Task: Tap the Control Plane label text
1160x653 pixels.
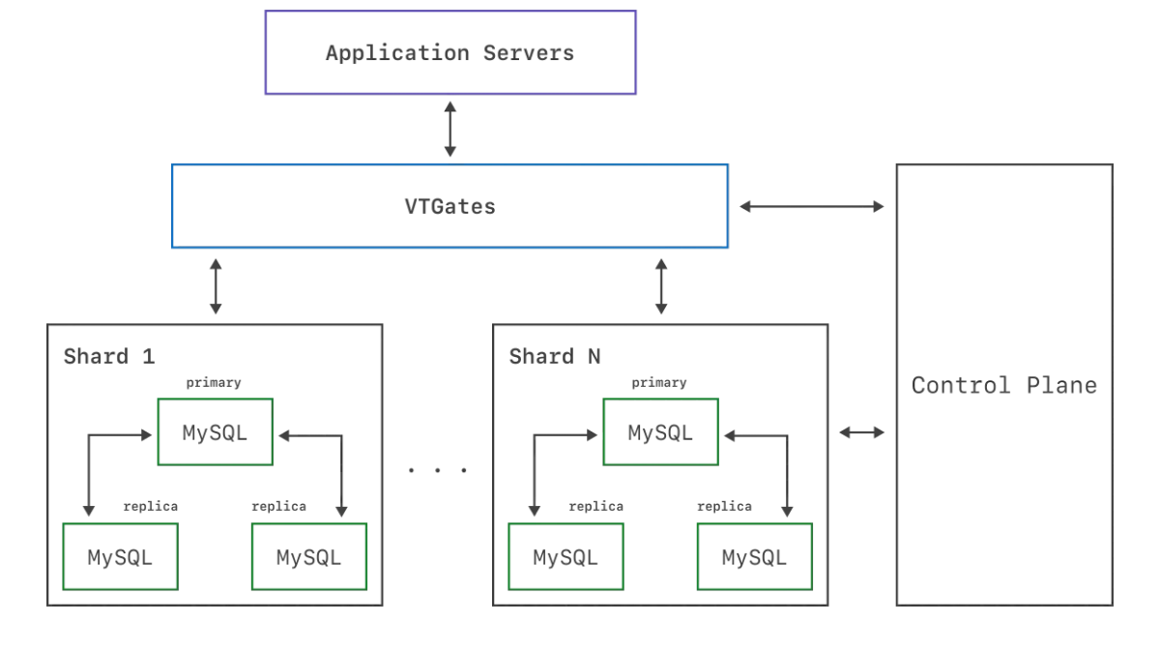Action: (1004, 386)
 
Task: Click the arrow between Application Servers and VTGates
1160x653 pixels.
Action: (450, 129)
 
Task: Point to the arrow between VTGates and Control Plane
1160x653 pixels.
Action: (811, 206)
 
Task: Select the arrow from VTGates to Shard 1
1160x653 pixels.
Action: (216, 286)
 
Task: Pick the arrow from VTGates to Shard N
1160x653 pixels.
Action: (661, 286)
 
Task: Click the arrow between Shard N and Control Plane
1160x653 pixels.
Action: (861, 432)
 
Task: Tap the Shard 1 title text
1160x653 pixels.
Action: (109, 357)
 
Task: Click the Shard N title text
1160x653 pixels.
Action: (555, 357)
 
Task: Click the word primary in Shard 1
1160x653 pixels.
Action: (214, 383)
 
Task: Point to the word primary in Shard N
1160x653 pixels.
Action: (658, 383)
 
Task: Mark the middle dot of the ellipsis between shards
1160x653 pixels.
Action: (438, 470)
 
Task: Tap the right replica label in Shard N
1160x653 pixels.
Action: (724, 506)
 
